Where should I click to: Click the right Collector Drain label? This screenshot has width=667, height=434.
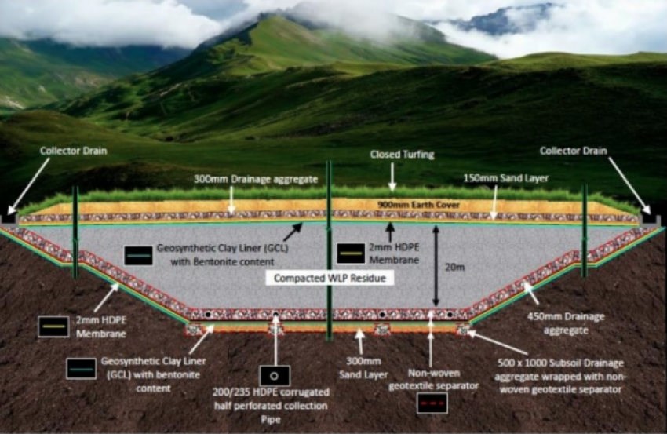pyautogui.click(x=573, y=150)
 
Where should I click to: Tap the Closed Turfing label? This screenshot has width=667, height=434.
pyautogui.click(x=392, y=155)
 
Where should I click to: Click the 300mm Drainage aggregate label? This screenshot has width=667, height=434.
pyautogui.click(x=256, y=179)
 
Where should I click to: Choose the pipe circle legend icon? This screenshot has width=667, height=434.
pyautogui.click(x=275, y=375)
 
